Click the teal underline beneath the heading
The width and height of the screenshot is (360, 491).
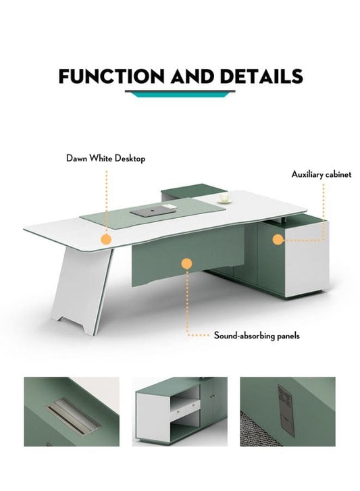[179, 93]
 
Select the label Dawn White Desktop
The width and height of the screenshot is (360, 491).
[105, 159]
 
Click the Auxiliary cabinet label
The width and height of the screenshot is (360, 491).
[322, 174]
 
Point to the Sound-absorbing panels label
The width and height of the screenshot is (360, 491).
[257, 335]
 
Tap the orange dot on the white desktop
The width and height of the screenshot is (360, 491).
[105, 238]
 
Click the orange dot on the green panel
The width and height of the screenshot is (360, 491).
[187, 265]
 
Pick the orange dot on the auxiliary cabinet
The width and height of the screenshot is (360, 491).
[277, 238]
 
